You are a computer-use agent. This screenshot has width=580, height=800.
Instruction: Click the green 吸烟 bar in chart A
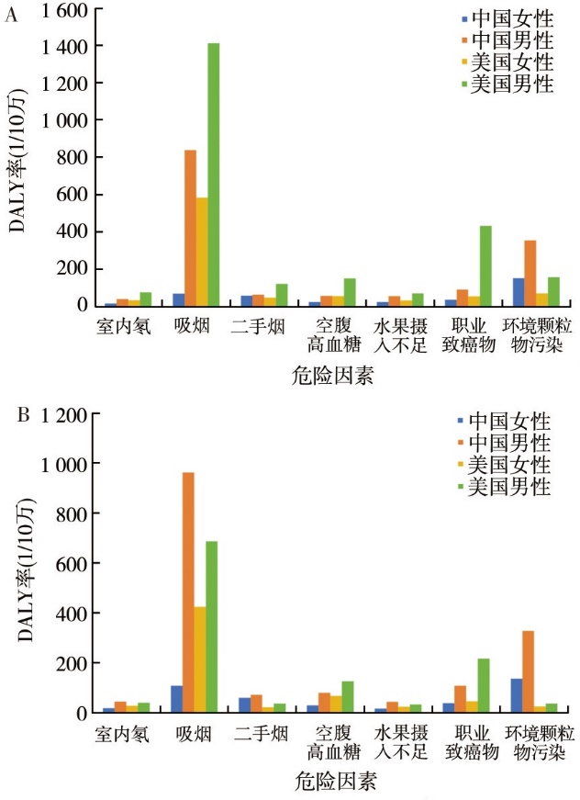click(x=213, y=175)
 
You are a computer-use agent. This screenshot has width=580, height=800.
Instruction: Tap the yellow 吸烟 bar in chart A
click(x=202, y=252)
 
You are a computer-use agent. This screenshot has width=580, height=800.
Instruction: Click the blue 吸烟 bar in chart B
click(x=176, y=699)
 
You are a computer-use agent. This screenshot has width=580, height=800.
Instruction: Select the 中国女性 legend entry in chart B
click(x=508, y=422)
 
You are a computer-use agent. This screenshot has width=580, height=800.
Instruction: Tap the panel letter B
click(x=24, y=415)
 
